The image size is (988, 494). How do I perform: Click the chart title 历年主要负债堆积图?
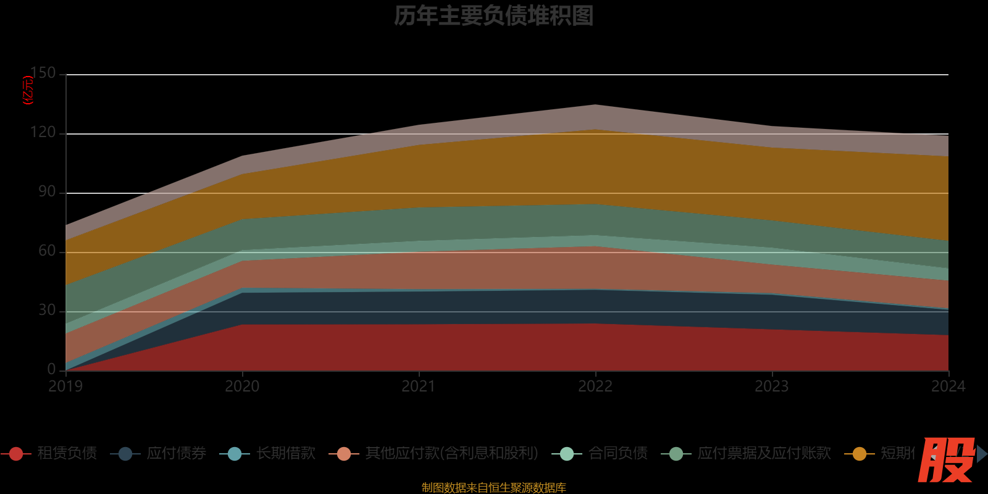click(x=493, y=16)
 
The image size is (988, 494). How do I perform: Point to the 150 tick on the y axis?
click(x=43, y=73)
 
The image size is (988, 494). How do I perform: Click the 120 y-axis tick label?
click(x=43, y=132)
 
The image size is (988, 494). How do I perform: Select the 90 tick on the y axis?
click(x=47, y=191)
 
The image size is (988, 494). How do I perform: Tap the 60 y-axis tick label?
click(x=47, y=251)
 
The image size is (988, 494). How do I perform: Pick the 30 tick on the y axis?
click(x=47, y=310)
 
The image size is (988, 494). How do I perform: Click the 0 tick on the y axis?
click(x=51, y=369)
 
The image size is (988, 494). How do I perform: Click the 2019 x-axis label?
click(x=66, y=387)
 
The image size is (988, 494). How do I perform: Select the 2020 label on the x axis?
click(x=242, y=387)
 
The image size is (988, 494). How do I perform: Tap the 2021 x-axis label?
click(x=419, y=387)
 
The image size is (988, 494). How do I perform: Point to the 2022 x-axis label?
click(x=595, y=387)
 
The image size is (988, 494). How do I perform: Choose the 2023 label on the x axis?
click(x=772, y=387)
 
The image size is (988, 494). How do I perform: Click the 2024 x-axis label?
click(x=947, y=387)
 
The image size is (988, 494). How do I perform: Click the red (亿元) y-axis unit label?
click(x=28, y=90)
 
